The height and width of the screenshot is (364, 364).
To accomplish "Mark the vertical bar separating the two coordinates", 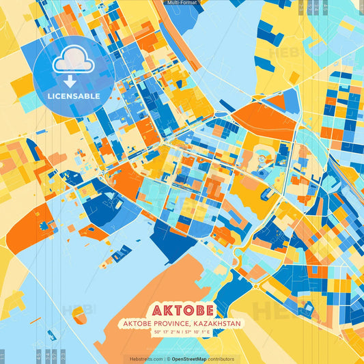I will tap(183, 332).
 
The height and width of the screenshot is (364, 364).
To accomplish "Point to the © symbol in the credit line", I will tap(167, 359).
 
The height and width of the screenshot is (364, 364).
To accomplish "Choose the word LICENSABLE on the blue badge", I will tap(74, 96).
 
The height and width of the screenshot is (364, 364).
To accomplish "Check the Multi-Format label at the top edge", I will tap(182, 3).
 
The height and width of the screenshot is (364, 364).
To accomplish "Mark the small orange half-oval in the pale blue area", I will tap(80, 313).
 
